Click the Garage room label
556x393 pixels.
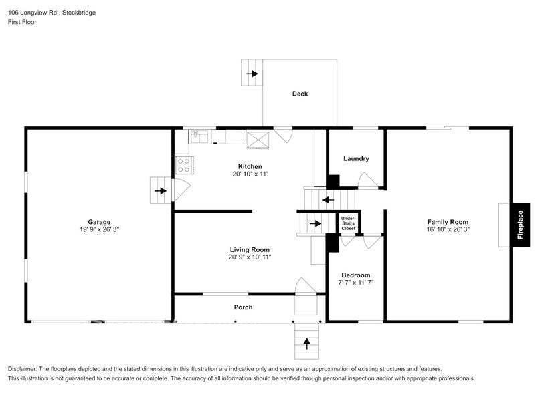[99, 222]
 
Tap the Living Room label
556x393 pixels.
[250, 249]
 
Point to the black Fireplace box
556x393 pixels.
[521, 225]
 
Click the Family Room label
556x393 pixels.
[448, 222]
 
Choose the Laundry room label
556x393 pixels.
[356, 158]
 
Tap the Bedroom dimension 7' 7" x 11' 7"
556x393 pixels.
[355, 283]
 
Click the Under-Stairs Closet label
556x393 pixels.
[349, 223]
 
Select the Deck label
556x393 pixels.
[300, 94]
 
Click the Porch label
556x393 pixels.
[243, 307]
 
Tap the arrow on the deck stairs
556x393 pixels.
[252, 73]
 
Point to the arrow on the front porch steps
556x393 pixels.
[307, 344]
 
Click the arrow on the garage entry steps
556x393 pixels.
[160, 191]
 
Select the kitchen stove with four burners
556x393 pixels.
[183, 165]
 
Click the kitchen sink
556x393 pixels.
[199, 137]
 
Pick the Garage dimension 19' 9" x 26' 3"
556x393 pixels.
[99, 229]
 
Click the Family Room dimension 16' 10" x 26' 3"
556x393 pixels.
[448, 229]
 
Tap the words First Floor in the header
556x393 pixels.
[23, 22]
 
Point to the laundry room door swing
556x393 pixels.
[367, 180]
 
